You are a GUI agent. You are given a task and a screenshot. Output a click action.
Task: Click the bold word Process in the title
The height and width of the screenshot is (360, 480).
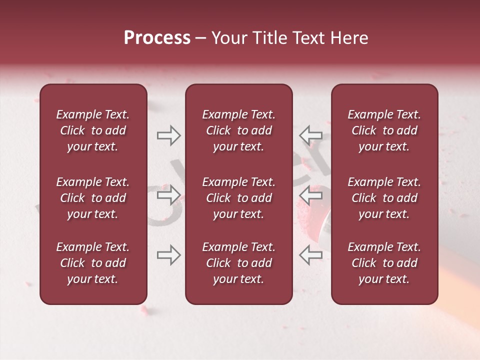pos(157,38)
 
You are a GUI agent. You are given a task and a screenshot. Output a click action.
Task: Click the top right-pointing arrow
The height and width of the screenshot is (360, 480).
pos(168,135)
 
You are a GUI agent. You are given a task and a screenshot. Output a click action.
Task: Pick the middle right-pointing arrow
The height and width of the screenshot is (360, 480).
pos(168,195)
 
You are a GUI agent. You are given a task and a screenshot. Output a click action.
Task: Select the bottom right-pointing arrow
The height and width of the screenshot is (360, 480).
pos(168,255)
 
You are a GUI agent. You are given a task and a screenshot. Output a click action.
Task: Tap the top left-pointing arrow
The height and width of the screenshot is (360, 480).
pos(310,135)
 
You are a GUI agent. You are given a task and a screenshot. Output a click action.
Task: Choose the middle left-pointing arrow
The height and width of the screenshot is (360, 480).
pos(310,195)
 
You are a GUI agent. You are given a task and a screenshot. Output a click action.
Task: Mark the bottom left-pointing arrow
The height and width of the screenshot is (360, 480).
pos(310,255)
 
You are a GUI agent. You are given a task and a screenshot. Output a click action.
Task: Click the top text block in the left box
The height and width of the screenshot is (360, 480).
pos(93,130)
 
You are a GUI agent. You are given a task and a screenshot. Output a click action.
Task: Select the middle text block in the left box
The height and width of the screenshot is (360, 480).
pos(93,198)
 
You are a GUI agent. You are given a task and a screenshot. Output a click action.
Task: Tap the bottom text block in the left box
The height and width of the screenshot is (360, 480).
pos(93,263)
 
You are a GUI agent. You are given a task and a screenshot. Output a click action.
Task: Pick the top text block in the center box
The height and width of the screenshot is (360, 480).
pos(238,130)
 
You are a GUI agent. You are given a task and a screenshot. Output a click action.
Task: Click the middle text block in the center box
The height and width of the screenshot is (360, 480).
pos(238,198)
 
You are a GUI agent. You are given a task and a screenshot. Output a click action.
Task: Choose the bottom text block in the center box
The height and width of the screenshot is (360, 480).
pos(238,263)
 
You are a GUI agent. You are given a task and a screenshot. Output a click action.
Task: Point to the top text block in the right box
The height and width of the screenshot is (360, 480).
pos(384,130)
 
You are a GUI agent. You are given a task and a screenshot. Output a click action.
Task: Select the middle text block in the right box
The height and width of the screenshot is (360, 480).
pos(384,198)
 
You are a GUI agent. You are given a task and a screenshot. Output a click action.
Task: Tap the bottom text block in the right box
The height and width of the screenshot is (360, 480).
pos(384,263)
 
